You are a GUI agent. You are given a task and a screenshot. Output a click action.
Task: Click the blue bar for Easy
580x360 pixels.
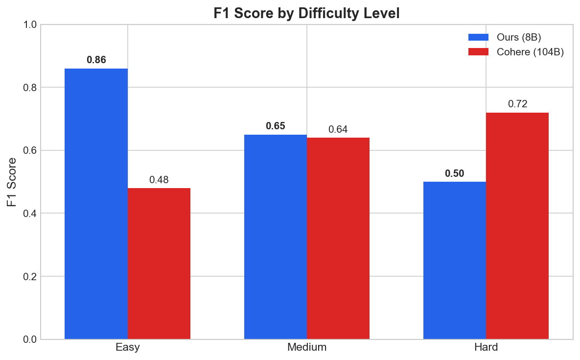(96, 204)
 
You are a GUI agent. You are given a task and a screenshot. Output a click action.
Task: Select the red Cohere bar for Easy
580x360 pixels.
(159, 264)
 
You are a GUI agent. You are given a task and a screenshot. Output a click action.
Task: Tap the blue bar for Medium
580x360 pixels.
(276, 237)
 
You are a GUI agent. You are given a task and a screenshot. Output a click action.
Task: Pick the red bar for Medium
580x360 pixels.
(338, 238)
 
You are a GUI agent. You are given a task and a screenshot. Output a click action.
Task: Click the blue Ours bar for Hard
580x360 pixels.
(455, 260)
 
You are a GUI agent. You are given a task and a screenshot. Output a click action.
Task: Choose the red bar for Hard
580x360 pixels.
(517, 226)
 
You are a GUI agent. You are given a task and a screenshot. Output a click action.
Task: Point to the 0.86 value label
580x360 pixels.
(96, 60)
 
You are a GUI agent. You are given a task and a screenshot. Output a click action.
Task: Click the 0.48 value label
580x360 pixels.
(159, 180)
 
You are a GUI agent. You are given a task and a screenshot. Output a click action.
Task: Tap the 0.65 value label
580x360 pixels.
(276, 126)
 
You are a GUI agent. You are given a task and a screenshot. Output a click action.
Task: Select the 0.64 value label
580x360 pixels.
(338, 129)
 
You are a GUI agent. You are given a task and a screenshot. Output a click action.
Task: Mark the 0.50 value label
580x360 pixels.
(455, 173)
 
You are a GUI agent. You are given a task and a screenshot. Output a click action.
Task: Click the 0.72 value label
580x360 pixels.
(517, 104)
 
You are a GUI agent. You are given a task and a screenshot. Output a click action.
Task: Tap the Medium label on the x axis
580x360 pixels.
(307, 348)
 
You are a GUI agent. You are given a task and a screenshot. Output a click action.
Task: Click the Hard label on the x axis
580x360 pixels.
(486, 348)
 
